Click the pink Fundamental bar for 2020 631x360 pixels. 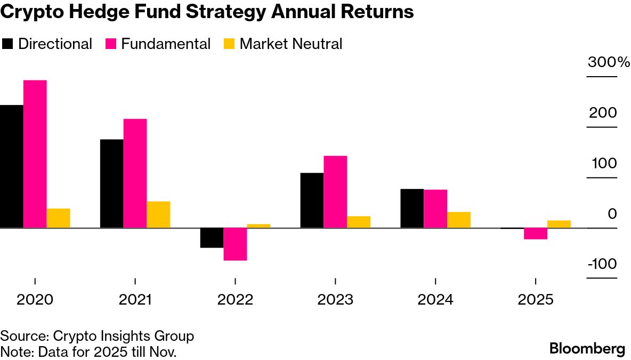35,154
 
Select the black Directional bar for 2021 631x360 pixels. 111,184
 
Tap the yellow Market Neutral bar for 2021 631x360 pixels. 158,215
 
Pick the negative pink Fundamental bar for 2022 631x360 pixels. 235,244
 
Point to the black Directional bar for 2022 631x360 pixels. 212,238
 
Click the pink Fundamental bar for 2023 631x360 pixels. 335,192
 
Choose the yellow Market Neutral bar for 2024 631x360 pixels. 459,220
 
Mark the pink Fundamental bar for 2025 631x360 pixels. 536,233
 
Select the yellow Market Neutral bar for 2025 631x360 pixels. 559,224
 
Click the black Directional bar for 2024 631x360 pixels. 412,208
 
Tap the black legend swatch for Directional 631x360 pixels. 8,44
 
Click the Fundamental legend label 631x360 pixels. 166,44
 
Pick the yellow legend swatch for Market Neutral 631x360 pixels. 228,44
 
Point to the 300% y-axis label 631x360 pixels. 608,62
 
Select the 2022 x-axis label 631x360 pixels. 235,300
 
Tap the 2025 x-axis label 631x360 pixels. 536,300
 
